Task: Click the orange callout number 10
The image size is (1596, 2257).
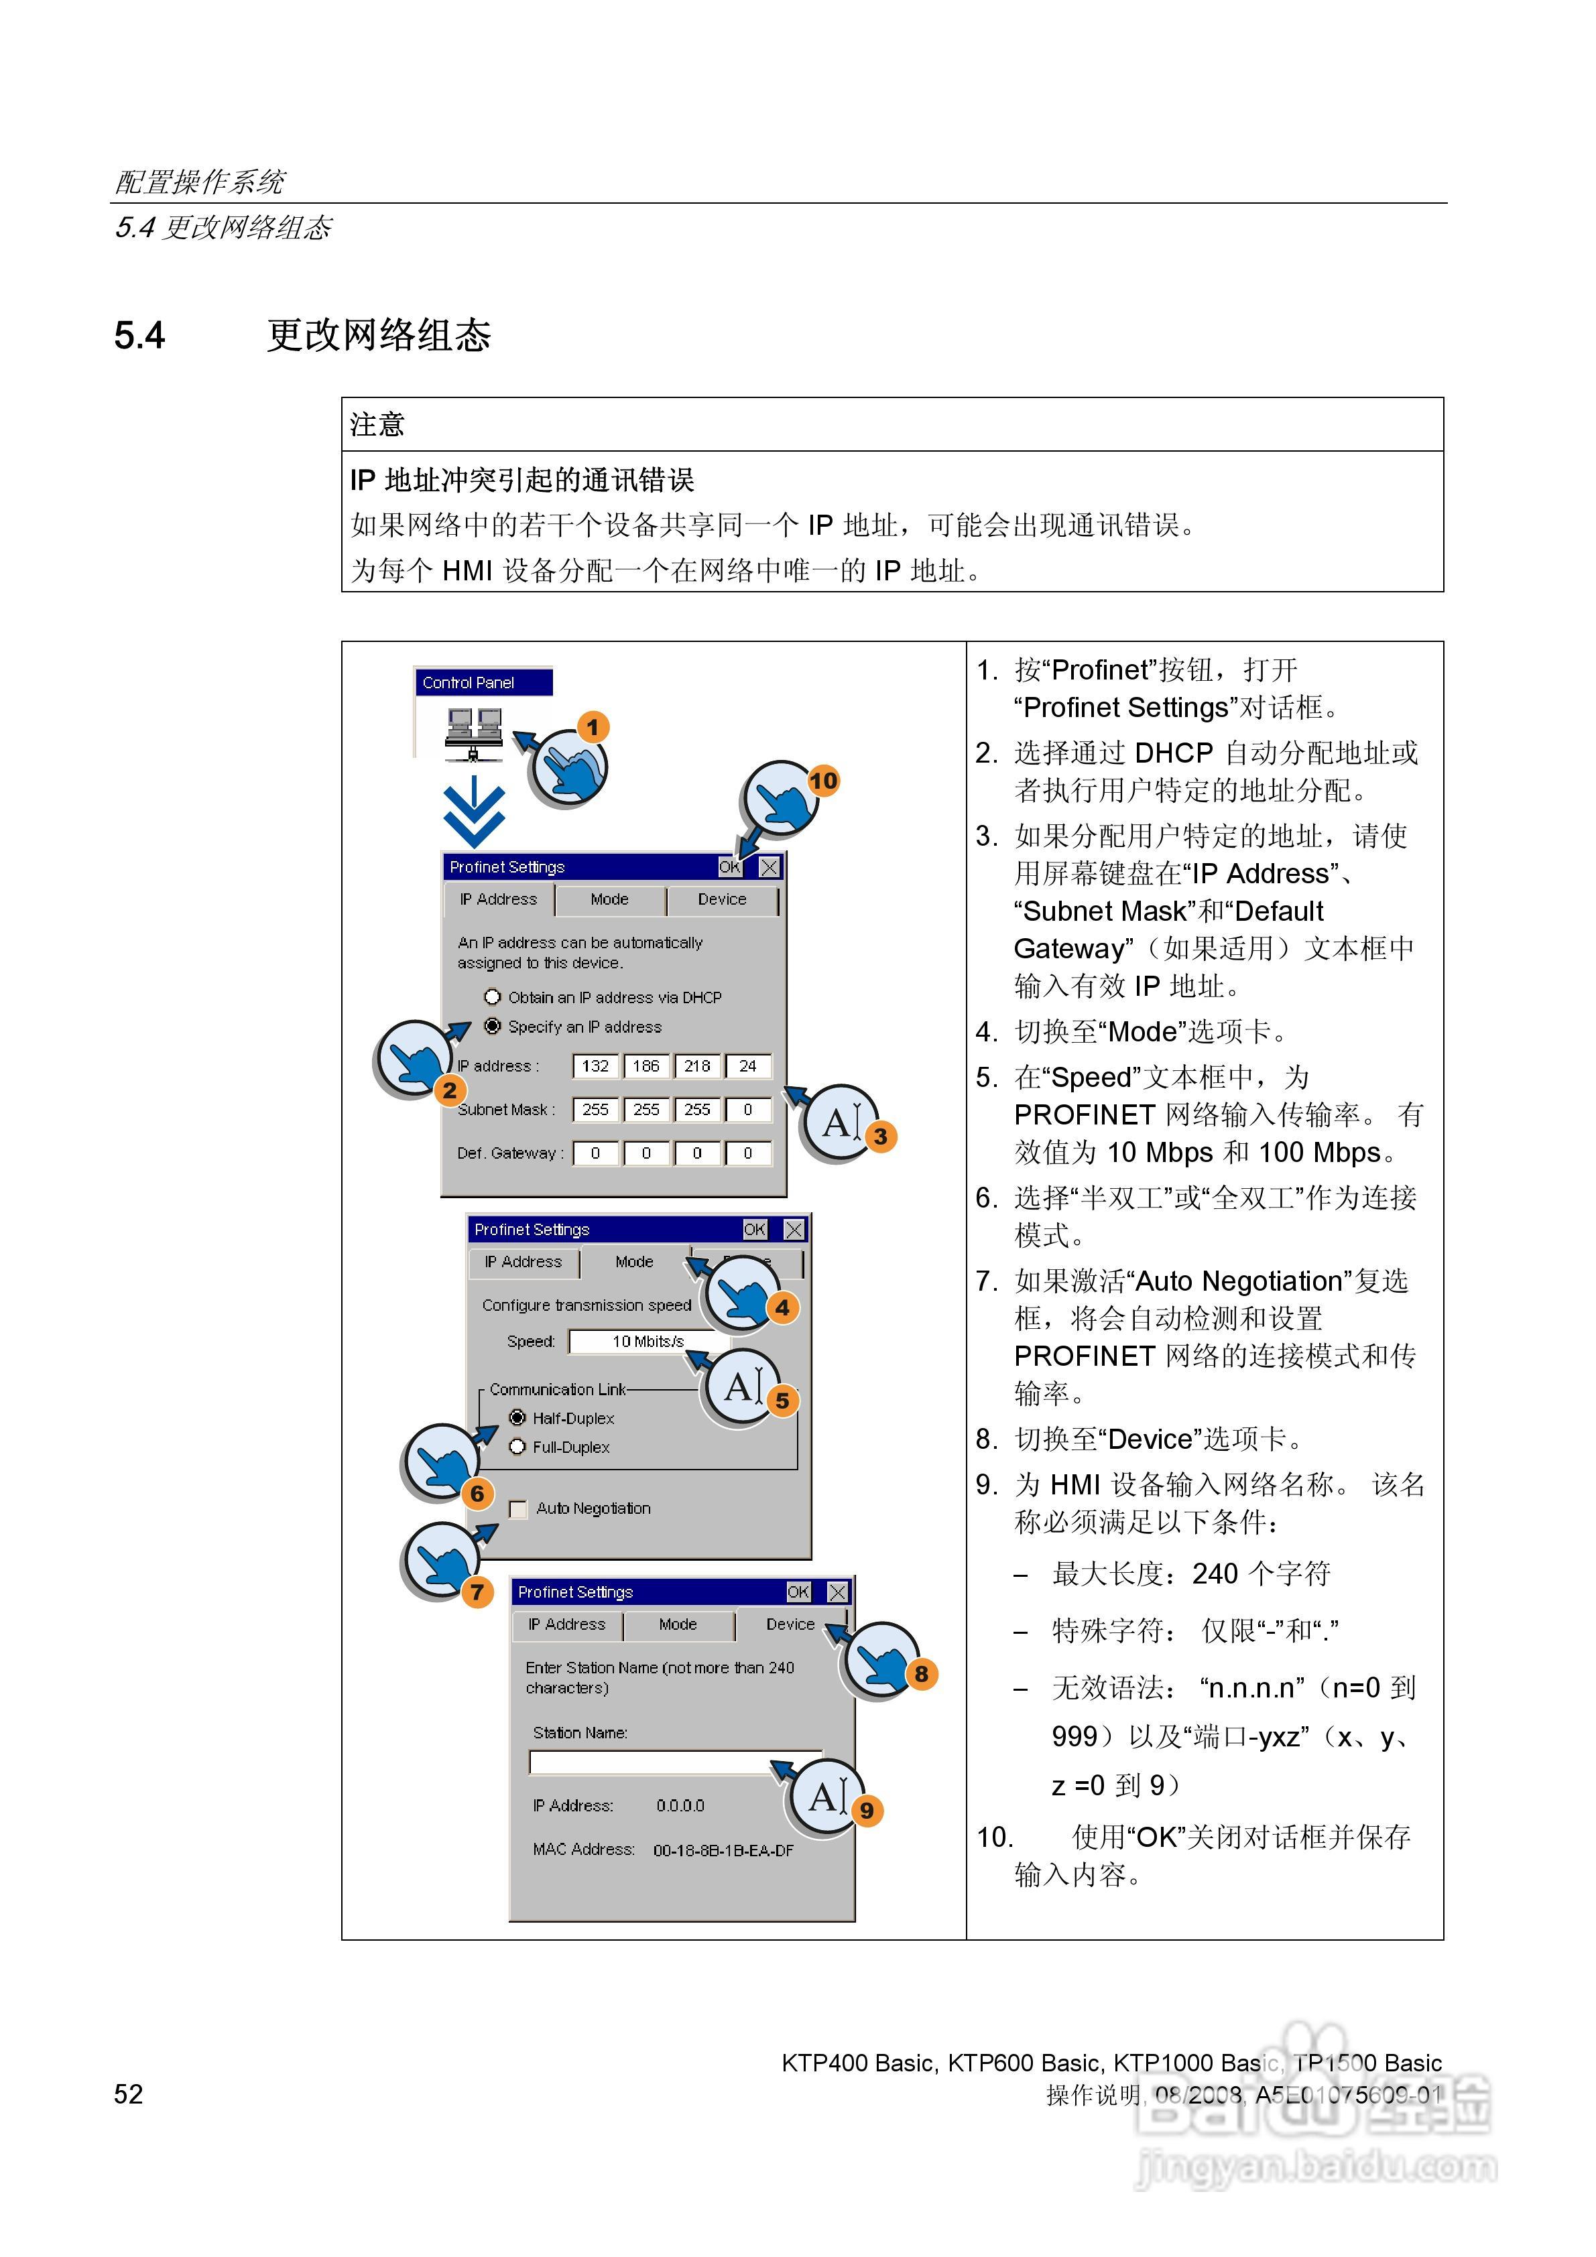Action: pyautogui.click(x=823, y=781)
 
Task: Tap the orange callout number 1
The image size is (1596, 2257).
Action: pyautogui.click(x=592, y=728)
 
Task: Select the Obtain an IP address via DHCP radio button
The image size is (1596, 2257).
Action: pyautogui.click(x=493, y=996)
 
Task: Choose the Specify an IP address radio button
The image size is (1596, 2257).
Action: pyautogui.click(x=493, y=1026)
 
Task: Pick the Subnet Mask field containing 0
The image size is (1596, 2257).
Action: pyautogui.click(x=747, y=1110)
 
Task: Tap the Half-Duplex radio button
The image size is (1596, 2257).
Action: pyautogui.click(x=517, y=1417)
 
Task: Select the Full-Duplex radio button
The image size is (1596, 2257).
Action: pyautogui.click(x=517, y=1447)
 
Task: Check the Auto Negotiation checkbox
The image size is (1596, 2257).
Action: pyautogui.click(x=518, y=1509)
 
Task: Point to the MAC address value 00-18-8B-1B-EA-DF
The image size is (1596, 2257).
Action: pyautogui.click(x=723, y=1850)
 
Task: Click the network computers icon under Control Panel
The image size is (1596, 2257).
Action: pyautogui.click(x=473, y=733)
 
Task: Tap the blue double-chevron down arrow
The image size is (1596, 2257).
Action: pyautogui.click(x=474, y=812)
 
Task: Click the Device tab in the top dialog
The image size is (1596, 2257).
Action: pyautogui.click(x=722, y=899)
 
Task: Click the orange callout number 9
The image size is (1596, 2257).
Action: pyautogui.click(x=866, y=1811)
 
